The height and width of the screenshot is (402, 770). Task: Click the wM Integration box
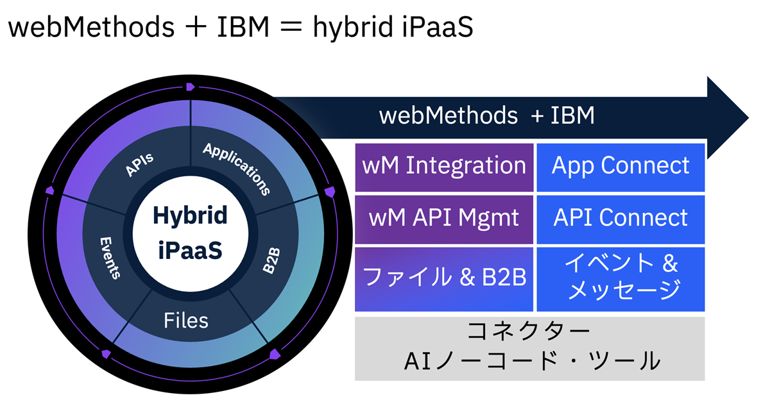[x=444, y=167]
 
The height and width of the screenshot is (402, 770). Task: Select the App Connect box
[x=620, y=167]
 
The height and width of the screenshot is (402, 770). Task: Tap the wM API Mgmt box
[x=444, y=218]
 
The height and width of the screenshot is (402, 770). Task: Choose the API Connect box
[x=620, y=218]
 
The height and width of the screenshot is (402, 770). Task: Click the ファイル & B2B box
[x=444, y=278]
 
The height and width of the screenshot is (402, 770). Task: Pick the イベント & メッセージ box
[x=620, y=278]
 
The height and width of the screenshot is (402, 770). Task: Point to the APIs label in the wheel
[x=139, y=165]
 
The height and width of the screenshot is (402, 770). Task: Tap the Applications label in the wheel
[x=236, y=169]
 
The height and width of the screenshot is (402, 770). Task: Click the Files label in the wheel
[x=185, y=319]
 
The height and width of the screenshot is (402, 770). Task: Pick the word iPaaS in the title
[x=438, y=29]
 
